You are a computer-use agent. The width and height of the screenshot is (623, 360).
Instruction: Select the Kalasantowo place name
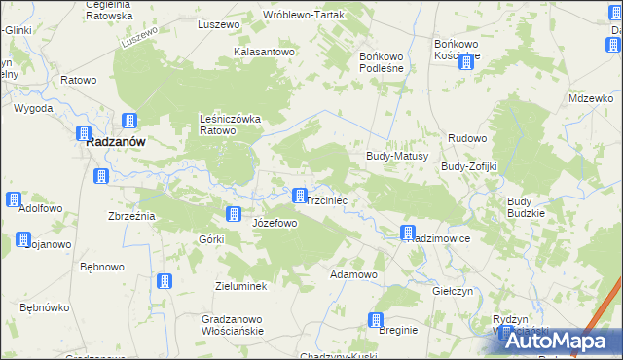pos(264,52)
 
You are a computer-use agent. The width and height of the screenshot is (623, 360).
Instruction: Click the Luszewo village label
pos(218,23)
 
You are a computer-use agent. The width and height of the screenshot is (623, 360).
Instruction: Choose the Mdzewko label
pos(591,99)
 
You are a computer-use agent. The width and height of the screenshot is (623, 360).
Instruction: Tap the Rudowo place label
pos(467,139)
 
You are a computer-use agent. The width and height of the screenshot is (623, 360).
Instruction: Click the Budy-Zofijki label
pos(469,166)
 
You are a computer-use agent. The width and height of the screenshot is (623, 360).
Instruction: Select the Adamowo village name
pos(353,274)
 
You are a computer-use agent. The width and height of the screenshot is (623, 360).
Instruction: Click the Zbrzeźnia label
pos(131,216)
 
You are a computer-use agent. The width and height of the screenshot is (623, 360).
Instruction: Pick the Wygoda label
pos(33,108)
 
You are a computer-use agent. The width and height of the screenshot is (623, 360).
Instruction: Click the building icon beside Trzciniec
pos(300,196)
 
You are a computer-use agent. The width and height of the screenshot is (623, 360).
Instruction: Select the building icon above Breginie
pos(377,320)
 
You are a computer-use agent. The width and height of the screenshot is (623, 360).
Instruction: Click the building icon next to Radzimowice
pos(409,233)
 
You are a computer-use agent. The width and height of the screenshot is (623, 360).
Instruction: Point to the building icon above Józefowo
pos(234,214)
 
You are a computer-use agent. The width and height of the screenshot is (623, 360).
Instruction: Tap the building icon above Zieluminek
pos(164,281)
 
